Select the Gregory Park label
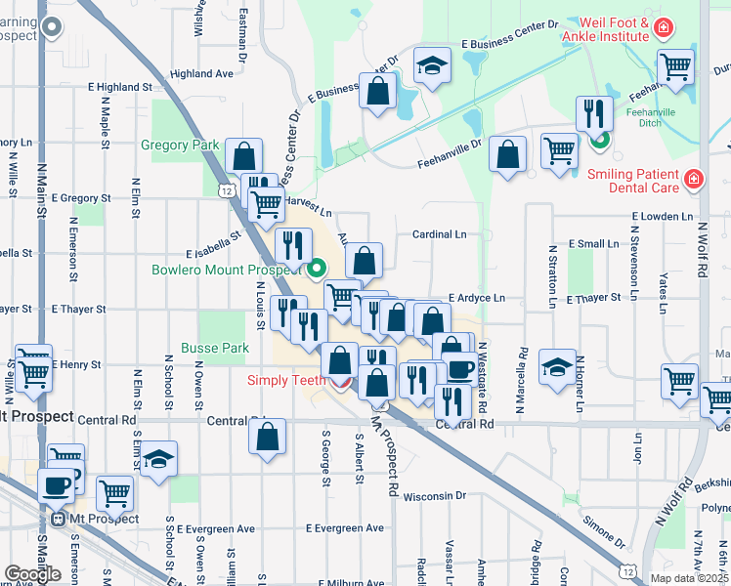point(180,146)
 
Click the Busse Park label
point(215,348)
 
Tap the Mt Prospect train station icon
point(60,520)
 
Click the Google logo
point(33,574)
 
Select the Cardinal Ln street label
point(439,234)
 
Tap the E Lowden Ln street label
point(663,215)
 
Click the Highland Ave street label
point(201,73)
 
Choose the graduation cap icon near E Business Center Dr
point(432,65)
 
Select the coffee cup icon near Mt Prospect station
point(55,484)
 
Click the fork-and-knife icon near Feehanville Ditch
point(593,112)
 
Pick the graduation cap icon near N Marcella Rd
point(557,367)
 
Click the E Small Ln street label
point(594,244)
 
